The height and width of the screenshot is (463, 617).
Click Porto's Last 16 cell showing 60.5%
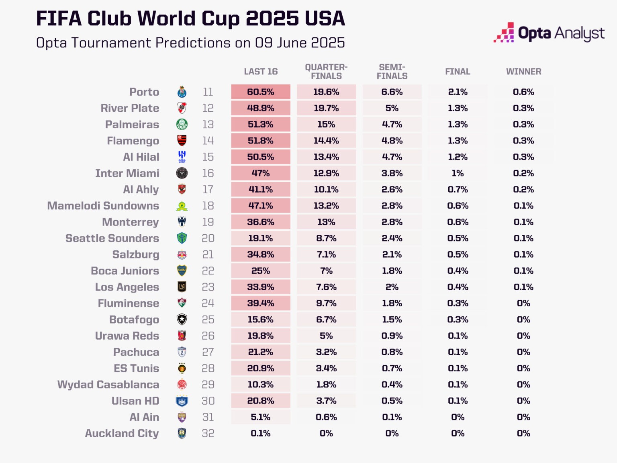point(261,92)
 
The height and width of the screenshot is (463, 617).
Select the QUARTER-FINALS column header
point(326,72)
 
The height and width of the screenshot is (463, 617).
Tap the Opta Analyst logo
point(549,33)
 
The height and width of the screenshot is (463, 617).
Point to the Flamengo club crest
point(182,141)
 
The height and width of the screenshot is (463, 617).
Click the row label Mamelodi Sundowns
point(103,206)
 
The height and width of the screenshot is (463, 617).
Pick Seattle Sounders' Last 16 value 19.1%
point(261,238)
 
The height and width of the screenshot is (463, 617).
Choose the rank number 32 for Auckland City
point(208,433)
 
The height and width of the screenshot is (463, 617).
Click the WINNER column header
point(523,72)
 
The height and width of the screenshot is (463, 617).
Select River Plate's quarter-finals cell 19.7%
point(326,108)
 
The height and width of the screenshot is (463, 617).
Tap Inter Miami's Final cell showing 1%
point(458,173)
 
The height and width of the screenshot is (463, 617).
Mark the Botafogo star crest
point(182,320)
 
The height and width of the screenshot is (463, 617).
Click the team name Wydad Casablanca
point(108,385)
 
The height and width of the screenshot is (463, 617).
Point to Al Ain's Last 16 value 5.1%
point(261,417)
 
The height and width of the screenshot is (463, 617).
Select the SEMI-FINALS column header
point(392,72)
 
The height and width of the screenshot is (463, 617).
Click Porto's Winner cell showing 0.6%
point(523,92)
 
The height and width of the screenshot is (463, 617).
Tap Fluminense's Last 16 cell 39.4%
point(261,303)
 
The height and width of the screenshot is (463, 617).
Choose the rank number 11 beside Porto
point(208,92)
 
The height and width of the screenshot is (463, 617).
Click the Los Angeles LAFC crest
point(182,287)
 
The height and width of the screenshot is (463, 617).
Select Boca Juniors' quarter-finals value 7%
point(326,271)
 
